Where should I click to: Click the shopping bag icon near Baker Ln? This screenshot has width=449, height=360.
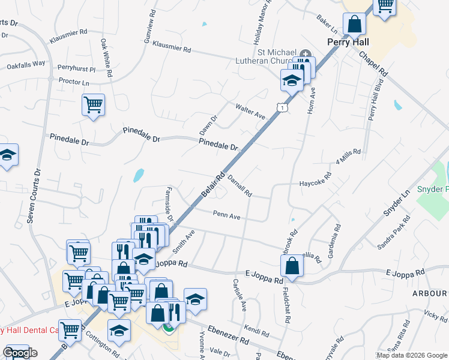pos(355,25)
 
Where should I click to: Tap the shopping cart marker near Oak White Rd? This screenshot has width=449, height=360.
pos(93,105)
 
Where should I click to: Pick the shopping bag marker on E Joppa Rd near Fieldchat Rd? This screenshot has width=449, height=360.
pos(291,265)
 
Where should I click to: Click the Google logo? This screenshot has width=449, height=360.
pos(20,353)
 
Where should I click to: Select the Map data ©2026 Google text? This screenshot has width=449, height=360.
pos(411,355)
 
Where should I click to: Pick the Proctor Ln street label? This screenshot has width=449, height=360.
pos(74,82)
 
